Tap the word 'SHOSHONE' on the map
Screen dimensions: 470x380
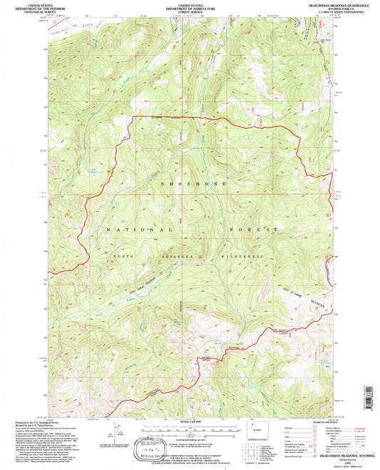[184, 184]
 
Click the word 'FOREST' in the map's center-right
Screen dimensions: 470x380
[253, 230]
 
